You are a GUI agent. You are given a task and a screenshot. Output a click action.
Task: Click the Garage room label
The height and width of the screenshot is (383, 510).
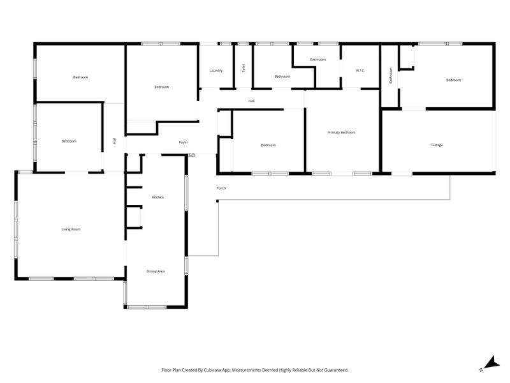tap(437, 145)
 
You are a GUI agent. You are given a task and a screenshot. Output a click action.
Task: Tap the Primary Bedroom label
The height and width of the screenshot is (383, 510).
tap(341, 133)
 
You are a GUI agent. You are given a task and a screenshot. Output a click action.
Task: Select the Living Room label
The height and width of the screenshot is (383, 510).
tap(71, 229)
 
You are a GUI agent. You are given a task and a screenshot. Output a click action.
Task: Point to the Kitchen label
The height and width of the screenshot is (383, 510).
tap(158, 197)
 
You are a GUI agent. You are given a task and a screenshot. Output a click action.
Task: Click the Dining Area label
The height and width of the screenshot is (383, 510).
tap(156, 271)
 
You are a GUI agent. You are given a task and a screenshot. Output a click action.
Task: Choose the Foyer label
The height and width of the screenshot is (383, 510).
tap(184, 142)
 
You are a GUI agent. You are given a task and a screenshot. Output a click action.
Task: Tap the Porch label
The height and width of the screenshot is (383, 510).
tap(221, 188)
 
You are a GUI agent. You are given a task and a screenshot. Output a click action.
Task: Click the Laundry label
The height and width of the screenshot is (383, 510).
tap(216, 71)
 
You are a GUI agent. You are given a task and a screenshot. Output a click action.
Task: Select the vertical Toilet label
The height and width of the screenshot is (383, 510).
tap(244, 68)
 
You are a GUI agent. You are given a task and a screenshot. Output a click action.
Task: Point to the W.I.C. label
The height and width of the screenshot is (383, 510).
tap(360, 70)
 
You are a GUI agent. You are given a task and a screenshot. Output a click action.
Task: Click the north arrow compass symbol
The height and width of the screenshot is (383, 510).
tap(490, 363)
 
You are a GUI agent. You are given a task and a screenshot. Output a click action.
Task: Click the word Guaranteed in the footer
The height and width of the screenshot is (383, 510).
tap(336, 370)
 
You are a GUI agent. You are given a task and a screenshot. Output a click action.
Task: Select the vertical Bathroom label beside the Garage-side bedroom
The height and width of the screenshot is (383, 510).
tap(391, 75)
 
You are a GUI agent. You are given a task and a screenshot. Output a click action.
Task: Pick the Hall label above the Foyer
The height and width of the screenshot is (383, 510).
tap(251, 101)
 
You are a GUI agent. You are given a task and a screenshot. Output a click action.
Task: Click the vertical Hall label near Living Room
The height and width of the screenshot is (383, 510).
tap(114, 140)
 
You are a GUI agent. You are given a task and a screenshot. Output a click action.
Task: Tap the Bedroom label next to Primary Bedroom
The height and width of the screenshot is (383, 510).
tap(268, 146)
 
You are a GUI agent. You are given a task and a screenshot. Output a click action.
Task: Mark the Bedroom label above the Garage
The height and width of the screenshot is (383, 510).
tap(453, 80)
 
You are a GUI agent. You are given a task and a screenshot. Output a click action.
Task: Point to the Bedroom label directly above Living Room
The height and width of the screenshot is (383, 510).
tap(69, 141)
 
